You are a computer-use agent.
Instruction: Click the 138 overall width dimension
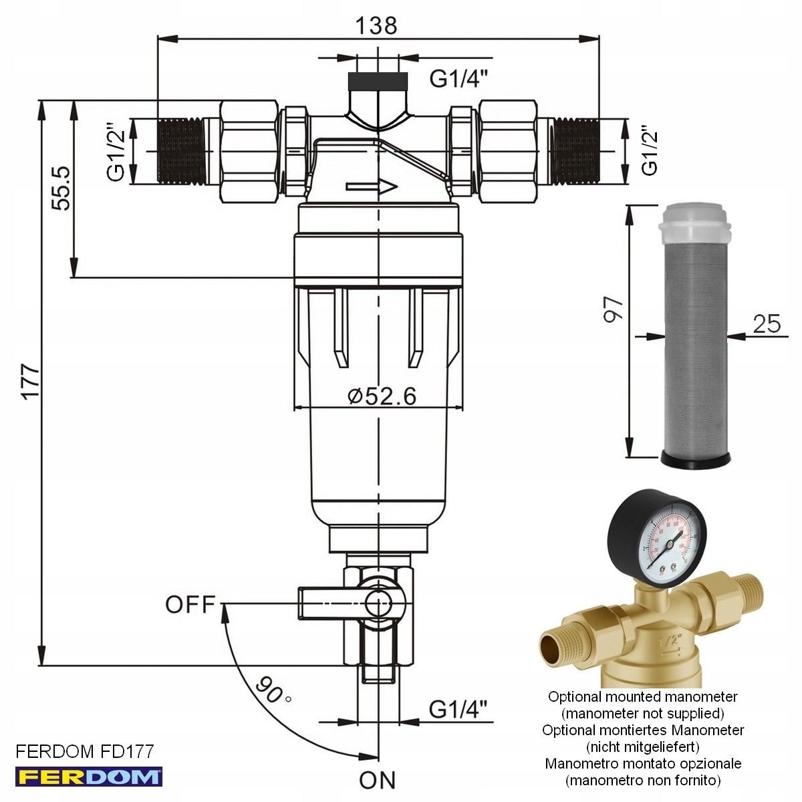coord(376,25)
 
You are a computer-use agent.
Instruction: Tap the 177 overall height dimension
coord(31,382)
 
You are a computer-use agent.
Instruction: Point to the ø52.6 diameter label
coord(382,396)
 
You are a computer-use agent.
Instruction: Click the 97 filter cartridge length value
coord(613,309)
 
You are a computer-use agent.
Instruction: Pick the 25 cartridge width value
coord(766,323)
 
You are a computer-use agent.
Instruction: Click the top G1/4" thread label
coord(458,78)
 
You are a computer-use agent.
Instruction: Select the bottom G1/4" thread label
coord(458,708)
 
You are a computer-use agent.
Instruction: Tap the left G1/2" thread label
coord(116,152)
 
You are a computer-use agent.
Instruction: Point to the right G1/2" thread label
coord(650,151)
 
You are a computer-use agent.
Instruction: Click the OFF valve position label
coord(190,604)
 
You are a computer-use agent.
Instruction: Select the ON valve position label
coord(377,780)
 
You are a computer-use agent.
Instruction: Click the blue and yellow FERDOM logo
coord(88,777)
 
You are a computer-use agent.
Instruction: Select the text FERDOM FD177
coord(84,751)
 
